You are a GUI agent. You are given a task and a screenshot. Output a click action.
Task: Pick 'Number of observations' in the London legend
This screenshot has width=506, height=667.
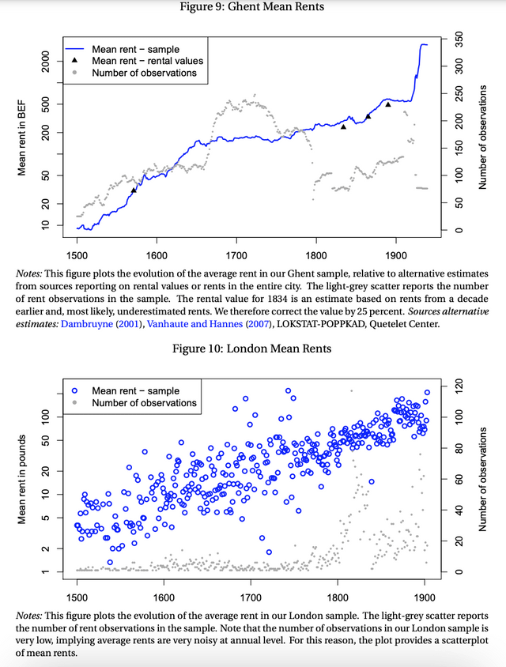(145, 402)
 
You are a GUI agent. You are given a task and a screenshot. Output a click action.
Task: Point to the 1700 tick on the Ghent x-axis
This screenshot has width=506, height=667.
(236, 255)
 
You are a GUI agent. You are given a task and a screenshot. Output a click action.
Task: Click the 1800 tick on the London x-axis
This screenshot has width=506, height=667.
(338, 597)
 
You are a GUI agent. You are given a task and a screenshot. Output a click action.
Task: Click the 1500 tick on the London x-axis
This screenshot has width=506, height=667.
(77, 597)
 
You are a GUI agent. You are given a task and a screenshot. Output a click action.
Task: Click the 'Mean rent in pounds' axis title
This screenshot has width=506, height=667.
(22, 479)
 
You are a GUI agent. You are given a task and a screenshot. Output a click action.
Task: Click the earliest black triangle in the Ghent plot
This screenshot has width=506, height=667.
(134, 190)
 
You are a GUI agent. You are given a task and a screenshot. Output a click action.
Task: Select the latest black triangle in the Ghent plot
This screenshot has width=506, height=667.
(388, 104)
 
